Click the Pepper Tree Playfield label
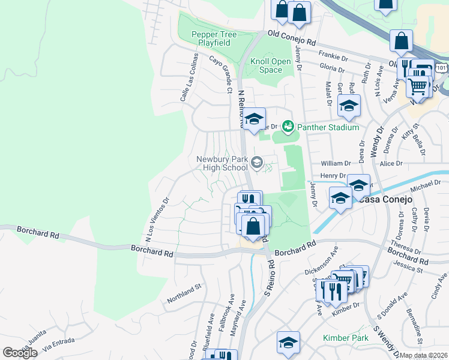pos(211,39)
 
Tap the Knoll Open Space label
pos(270,65)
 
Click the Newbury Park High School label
pos(222,163)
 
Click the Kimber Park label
pos(345,338)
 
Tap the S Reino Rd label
pos(270,280)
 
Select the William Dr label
pos(336,163)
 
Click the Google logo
pos(20,353)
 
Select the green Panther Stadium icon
pos(288,127)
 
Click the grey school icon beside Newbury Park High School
pos(257,162)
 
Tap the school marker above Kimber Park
pos(289,343)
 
